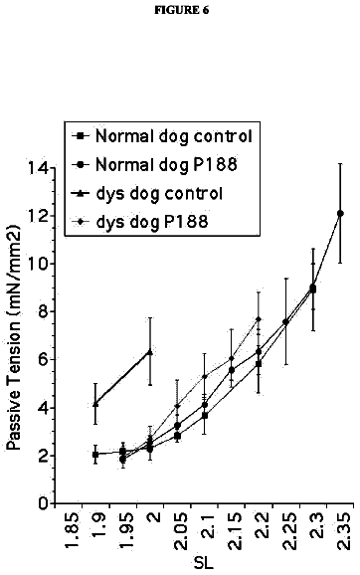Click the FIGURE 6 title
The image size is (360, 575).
[181, 10]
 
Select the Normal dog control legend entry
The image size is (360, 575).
[163, 136]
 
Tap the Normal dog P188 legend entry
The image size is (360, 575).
[155, 165]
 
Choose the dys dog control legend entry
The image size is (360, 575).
[147, 193]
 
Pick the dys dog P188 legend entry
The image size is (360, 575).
[140, 222]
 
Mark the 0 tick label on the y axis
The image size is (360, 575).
[43, 503]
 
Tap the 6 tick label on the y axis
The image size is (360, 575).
[43, 360]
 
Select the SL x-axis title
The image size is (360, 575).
[203, 562]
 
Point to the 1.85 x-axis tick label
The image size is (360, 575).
[73, 530]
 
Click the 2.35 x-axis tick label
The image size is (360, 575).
[345, 530]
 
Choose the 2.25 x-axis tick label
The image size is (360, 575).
[290, 530]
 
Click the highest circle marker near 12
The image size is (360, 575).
[340, 213]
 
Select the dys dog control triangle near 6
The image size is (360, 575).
[149, 352]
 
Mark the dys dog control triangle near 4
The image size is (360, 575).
[95, 404]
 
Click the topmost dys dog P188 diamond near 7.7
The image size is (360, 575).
[259, 319]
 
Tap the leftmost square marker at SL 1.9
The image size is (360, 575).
[95, 455]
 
